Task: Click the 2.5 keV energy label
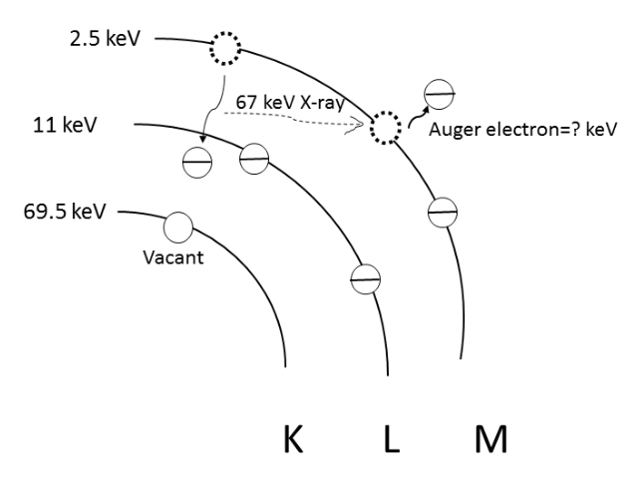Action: click(x=105, y=39)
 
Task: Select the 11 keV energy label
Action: click(x=65, y=125)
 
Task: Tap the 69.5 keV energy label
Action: click(x=65, y=212)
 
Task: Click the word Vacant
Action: click(x=173, y=257)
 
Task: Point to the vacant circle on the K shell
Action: click(x=178, y=227)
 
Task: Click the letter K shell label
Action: click(x=293, y=439)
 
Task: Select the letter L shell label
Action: click(x=392, y=439)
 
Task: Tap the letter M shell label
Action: click(x=490, y=439)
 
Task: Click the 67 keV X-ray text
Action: click(x=290, y=102)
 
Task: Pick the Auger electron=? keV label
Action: click(x=522, y=130)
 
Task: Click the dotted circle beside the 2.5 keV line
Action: click(x=225, y=48)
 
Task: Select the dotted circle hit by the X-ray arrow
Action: click(x=386, y=128)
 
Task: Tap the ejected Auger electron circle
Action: click(x=440, y=95)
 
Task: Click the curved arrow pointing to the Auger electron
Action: click(x=417, y=117)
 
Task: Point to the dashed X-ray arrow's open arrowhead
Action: click(x=356, y=124)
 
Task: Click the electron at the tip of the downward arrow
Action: click(x=197, y=163)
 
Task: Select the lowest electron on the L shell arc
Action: click(x=366, y=279)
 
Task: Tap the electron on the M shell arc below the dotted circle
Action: click(x=443, y=213)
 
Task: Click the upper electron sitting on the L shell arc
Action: click(x=254, y=159)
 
